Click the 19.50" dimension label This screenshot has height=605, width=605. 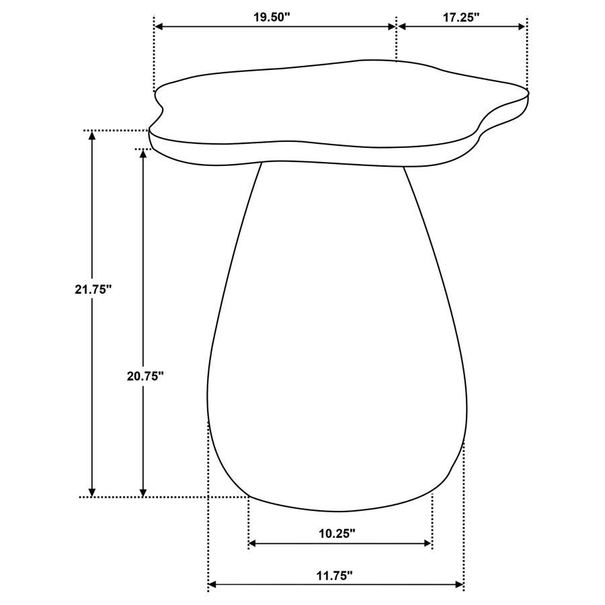pyautogui.click(x=271, y=18)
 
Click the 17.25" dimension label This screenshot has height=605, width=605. pyautogui.click(x=460, y=18)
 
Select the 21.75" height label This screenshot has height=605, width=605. pyautogui.click(x=93, y=290)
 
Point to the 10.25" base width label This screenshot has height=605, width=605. pyautogui.click(x=336, y=533)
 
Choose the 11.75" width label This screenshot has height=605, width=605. pyautogui.click(x=334, y=575)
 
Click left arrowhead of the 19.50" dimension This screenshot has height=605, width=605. pyautogui.click(x=159, y=27)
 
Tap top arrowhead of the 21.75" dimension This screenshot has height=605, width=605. pyautogui.click(x=93, y=135)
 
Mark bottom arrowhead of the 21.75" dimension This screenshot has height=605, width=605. pyautogui.click(x=93, y=492)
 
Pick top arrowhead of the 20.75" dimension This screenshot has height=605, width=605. pyautogui.click(x=143, y=153)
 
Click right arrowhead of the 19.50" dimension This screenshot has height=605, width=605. pyautogui.click(x=392, y=27)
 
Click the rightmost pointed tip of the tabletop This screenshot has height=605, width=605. pyautogui.click(x=527, y=93)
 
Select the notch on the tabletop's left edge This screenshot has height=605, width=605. pyautogui.click(x=161, y=108)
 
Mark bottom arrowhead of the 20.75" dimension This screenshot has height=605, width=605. pyautogui.click(x=143, y=492)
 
